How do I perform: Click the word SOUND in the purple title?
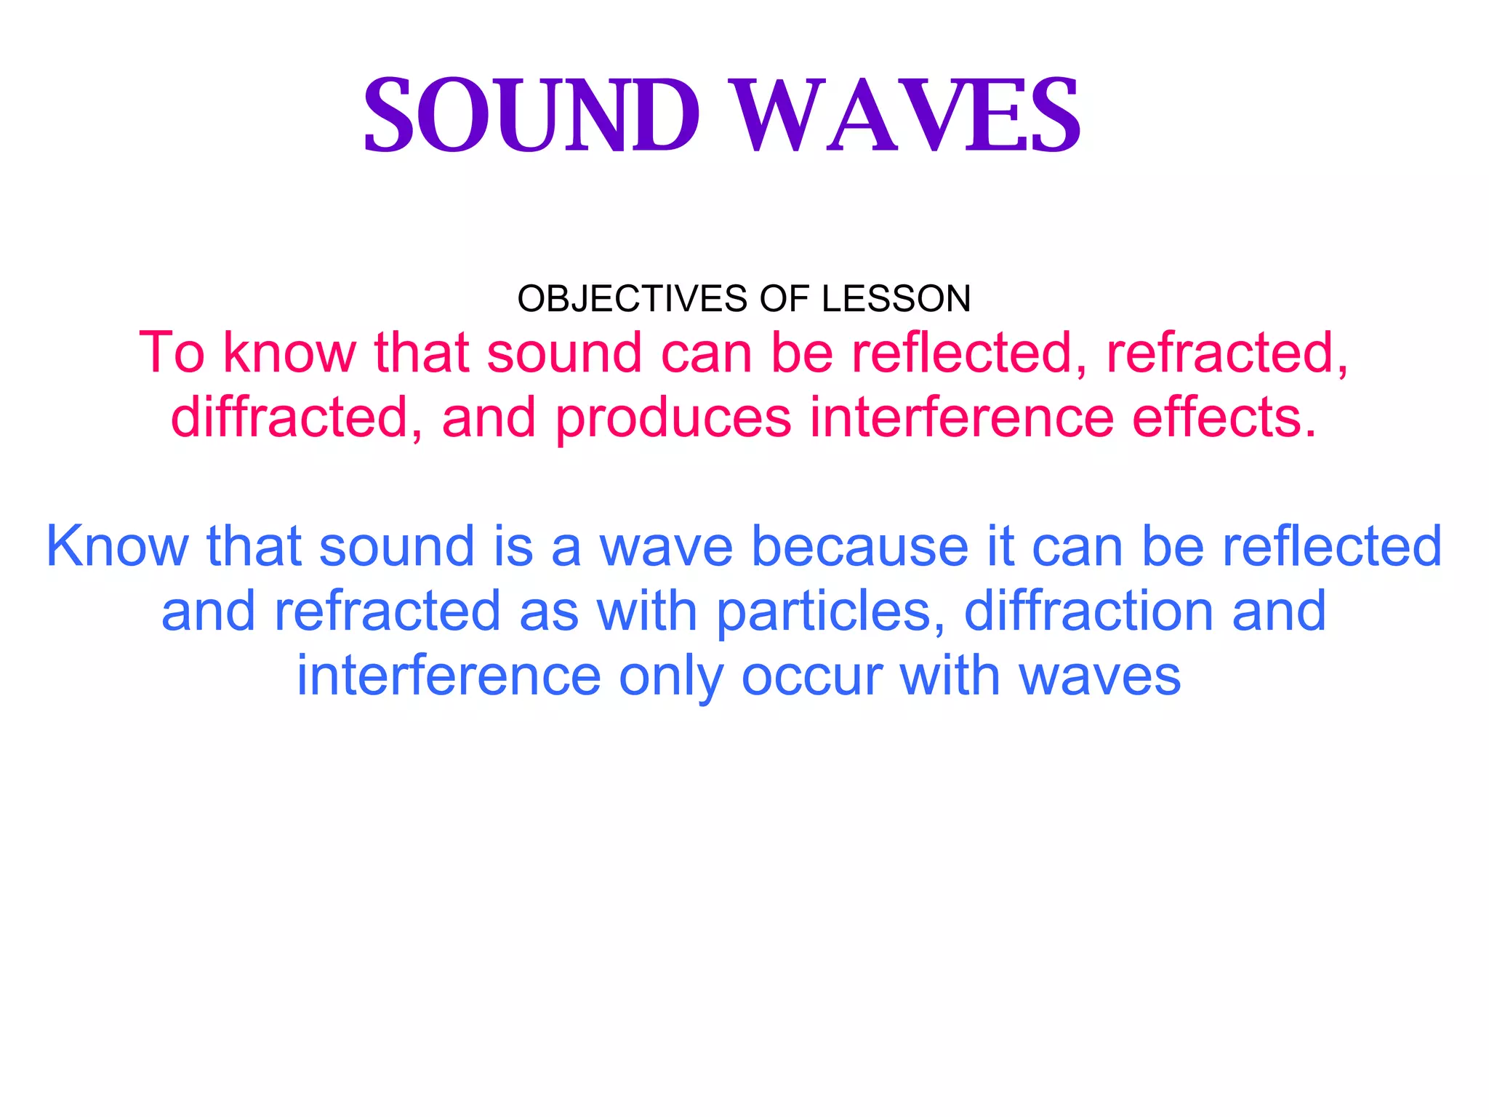pos(531,116)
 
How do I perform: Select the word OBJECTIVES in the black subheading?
pos(632,299)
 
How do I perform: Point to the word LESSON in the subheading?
pos(896,299)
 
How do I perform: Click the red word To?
pos(172,353)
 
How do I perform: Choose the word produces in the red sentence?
pos(673,417)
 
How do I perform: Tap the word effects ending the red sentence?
pos(1224,417)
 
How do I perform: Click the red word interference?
pos(961,417)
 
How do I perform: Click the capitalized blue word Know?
pos(117,546)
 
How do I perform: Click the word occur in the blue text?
pos(811,676)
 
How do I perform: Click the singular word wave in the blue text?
pos(665,546)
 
